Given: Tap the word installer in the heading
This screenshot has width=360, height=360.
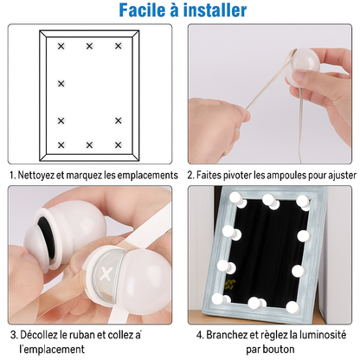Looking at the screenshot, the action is (x=215, y=10).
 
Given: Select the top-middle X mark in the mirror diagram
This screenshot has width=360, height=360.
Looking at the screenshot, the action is (x=89, y=46).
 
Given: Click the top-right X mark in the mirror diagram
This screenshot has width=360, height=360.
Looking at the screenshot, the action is (x=119, y=46).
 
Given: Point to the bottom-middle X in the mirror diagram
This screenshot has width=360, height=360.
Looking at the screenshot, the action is (x=89, y=145).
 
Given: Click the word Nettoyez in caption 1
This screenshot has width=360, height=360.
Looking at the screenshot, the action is (x=36, y=175).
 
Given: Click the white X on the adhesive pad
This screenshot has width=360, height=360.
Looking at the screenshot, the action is (x=106, y=273).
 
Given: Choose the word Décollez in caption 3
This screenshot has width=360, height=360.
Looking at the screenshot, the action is (x=39, y=335).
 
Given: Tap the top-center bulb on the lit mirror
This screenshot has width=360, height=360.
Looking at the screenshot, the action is (x=271, y=201).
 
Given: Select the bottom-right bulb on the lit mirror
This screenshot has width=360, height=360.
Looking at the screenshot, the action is (x=293, y=307).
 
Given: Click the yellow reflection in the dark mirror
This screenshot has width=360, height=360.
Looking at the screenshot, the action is (x=230, y=285).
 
